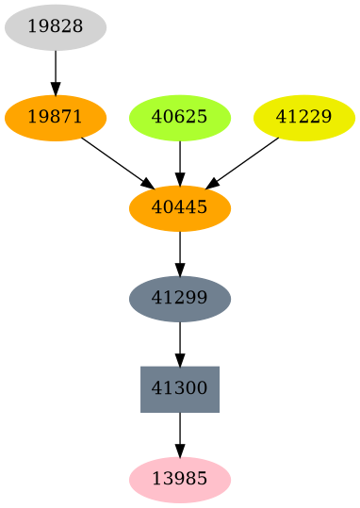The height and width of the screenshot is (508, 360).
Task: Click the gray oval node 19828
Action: click(x=56, y=27)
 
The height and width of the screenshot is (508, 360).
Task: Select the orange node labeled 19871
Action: click(x=56, y=118)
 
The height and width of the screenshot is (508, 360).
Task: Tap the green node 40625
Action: click(x=180, y=118)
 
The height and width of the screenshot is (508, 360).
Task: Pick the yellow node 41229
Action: click(x=304, y=118)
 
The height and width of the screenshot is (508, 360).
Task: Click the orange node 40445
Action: click(x=180, y=208)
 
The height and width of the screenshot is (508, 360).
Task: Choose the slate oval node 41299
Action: click(x=180, y=299)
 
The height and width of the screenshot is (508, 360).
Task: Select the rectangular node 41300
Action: click(x=180, y=389)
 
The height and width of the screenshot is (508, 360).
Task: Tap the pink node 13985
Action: click(x=180, y=480)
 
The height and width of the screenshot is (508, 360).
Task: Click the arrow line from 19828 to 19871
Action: click(x=56, y=68)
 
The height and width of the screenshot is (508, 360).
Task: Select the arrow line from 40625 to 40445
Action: click(x=180, y=158)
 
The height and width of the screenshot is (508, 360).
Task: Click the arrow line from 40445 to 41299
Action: click(x=180, y=249)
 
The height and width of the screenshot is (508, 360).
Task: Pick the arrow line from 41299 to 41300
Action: click(x=180, y=339)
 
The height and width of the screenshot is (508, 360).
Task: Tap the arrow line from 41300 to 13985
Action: click(x=180, y=430)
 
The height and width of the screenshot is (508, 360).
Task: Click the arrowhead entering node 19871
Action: click(x=56, y=89)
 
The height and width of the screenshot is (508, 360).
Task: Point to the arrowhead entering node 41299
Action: click(x=180, y=270)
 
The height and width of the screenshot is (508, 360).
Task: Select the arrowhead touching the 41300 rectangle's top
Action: click(x=180, y=359)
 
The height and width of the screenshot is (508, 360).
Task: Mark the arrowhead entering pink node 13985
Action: click(x=180, y=451)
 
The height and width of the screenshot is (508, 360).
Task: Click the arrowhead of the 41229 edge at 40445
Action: click(x=213, y=184)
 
